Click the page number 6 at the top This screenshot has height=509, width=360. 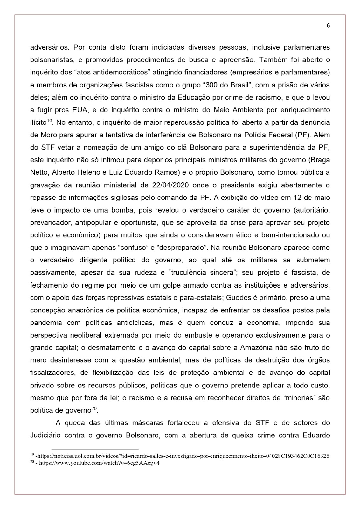[328, 26]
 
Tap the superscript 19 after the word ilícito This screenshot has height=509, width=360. [50, 121]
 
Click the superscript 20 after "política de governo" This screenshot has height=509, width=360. [94, 408]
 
